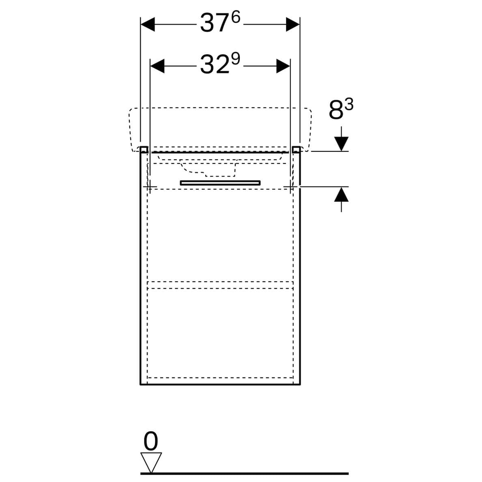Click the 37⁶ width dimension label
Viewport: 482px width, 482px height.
220,22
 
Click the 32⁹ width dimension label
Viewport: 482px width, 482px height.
220,64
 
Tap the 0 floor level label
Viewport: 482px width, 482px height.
151,441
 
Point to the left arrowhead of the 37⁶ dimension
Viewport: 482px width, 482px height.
148,24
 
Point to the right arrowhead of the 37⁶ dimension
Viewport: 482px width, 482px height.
293,24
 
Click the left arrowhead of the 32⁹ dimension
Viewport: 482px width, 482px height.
157,66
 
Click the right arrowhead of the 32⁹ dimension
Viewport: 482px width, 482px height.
283,66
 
